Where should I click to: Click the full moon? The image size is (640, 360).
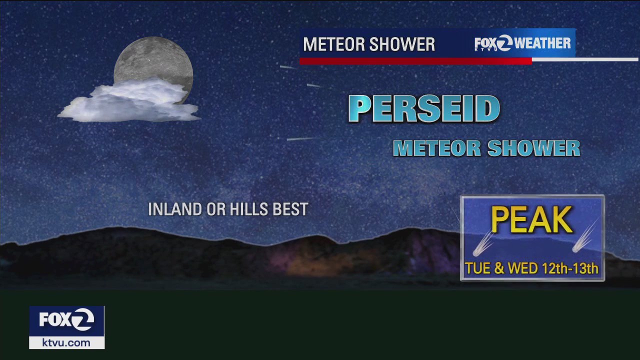(x=153, y=60)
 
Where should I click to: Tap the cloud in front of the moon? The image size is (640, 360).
(x=131, y=101)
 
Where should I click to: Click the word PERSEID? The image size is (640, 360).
(x=424, y=108)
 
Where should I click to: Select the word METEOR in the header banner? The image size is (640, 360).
(x=332, y=44)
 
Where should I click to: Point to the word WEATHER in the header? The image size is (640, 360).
(x=543, y=43)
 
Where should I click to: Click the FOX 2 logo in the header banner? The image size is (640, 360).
(x=493, y=43)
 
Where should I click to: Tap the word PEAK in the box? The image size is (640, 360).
(x=532, y=220)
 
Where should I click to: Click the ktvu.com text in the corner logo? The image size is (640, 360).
(x=66, y=343)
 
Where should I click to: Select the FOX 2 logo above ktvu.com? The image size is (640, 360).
(x=66, y=320)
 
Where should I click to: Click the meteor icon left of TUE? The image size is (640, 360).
(x=482, y=243)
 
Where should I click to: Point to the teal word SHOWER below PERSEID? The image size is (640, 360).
(x=533, y=148)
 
